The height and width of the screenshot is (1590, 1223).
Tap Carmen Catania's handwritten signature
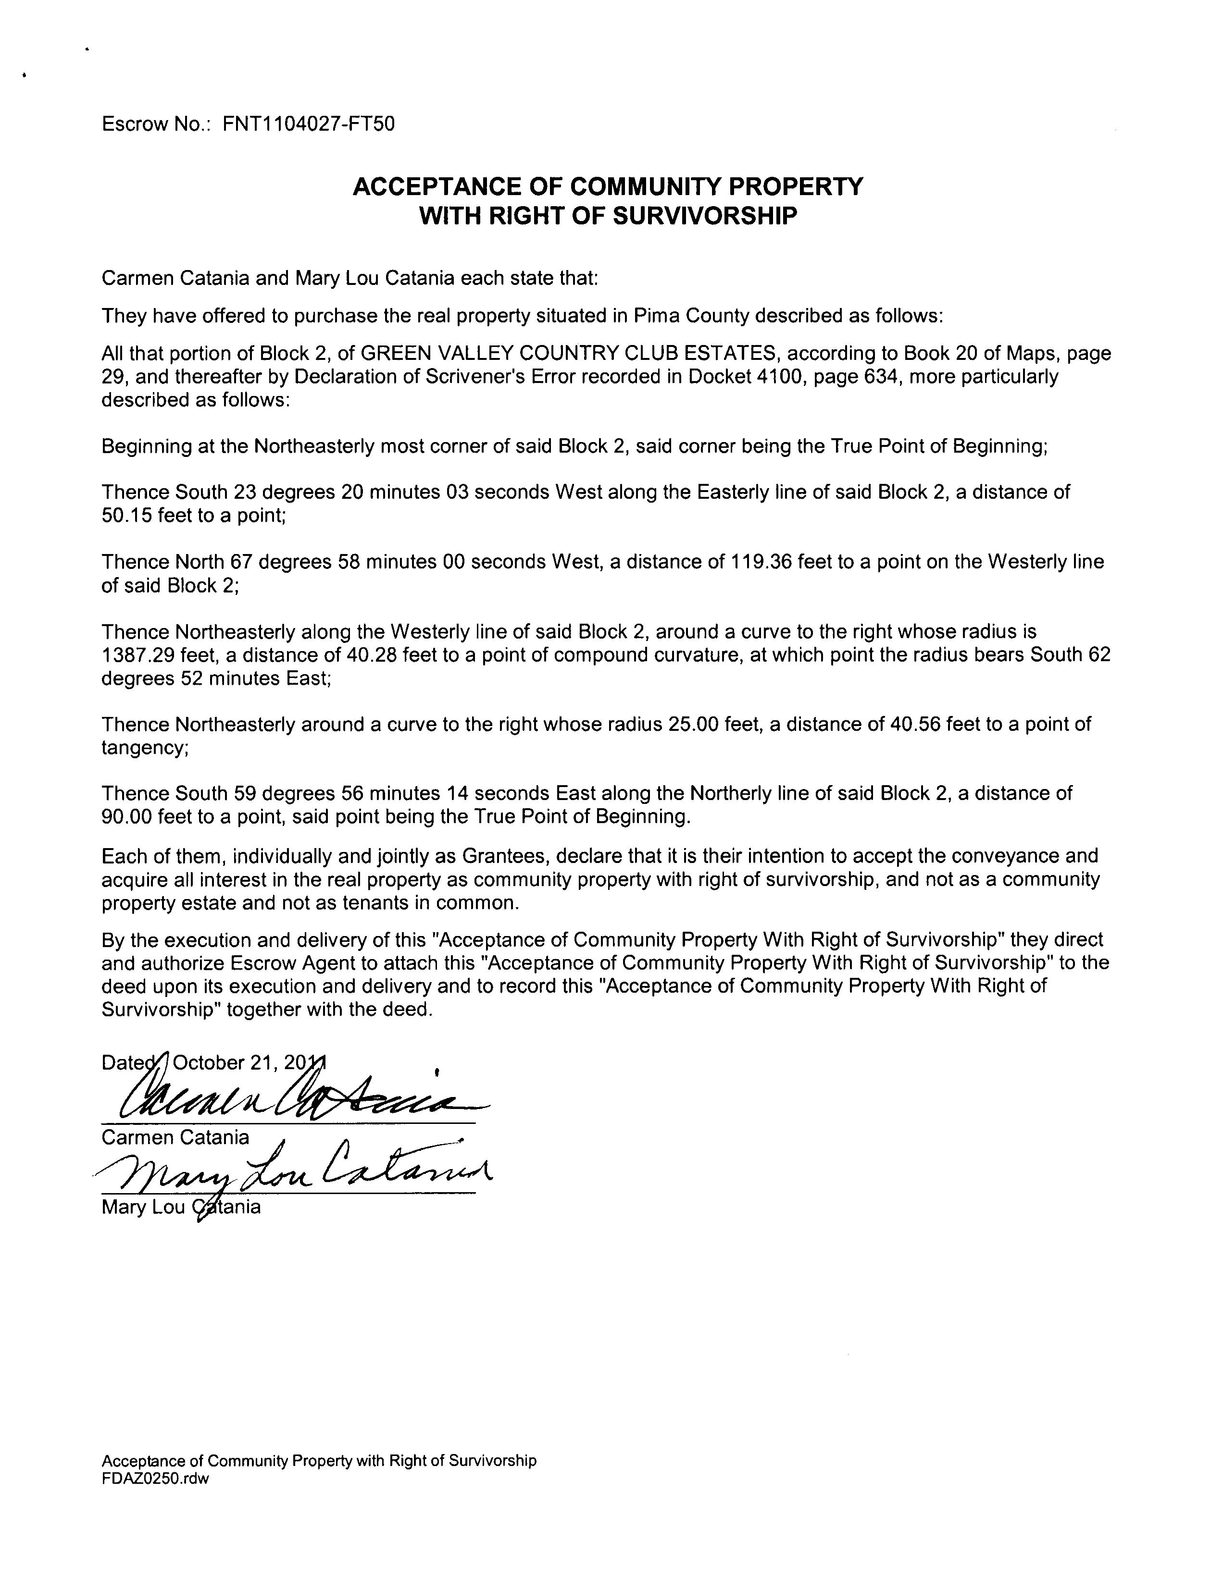[291, 1097]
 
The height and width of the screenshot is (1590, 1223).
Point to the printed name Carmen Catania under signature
[175, 1137]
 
